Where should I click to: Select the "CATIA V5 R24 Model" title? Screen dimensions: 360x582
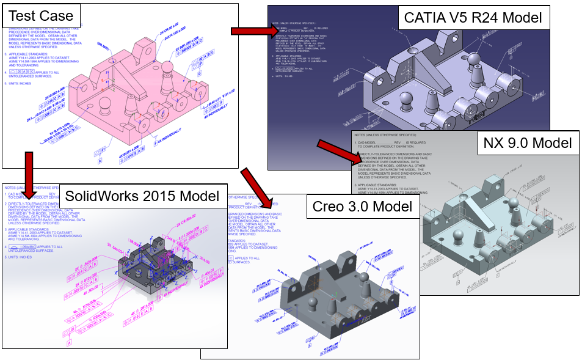point(473,17)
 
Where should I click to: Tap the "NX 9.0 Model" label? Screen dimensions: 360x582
point(527,143)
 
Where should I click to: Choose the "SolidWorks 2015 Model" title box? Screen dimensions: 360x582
point(142,196)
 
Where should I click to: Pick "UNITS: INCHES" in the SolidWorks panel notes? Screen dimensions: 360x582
point(18,257)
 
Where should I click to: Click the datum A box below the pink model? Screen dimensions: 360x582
point(100,163)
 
